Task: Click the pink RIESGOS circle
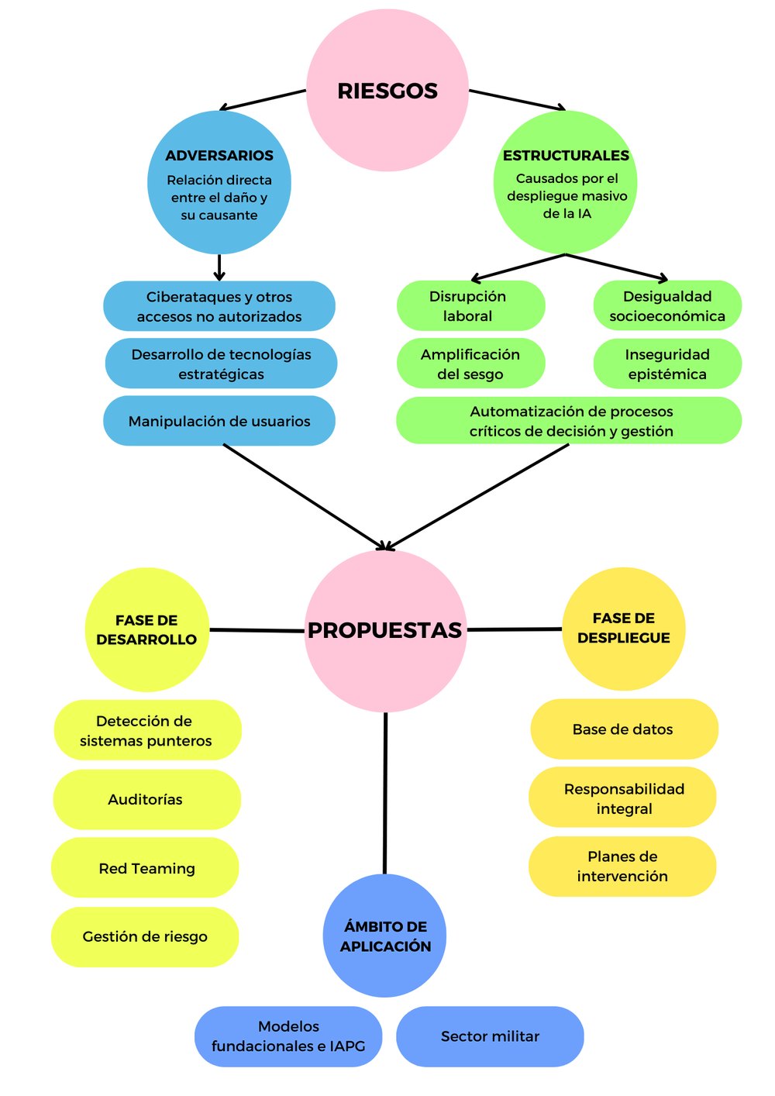[387, 90]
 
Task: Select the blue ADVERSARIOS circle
[219, 183]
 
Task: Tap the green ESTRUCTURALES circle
[566, 183]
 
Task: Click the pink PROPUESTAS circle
[385, 630]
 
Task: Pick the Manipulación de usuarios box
[219, 421]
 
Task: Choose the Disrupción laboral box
[470, 305]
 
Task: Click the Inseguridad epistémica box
[667, 364]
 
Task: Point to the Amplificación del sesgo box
[470, 364]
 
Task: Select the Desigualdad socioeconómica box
[667, 305]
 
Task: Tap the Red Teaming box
[146, 868]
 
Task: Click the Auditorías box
[146, 799]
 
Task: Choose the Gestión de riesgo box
[145, 936]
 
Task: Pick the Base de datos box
[623, 729]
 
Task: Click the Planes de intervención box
[622, 866]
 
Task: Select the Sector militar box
[490, 1036]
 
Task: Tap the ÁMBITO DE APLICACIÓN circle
[385, 936]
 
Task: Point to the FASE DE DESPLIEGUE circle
[623, 629]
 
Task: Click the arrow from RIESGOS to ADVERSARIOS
[263, 100]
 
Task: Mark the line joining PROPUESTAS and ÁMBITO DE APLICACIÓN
[385, 791]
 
